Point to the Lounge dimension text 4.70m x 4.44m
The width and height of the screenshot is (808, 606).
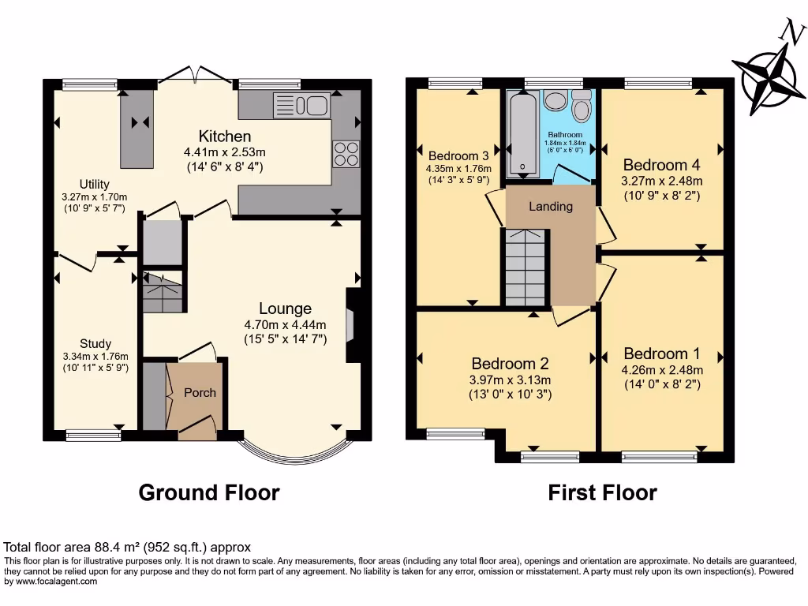pos(285,324)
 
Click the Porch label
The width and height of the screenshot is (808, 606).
pos(200,392)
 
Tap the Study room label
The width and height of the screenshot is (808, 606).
pos(95,344)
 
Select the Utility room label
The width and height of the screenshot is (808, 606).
pos(94,185)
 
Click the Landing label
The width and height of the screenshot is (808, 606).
pos(551,207)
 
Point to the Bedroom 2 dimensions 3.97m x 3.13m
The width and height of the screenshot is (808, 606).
pos(510,380)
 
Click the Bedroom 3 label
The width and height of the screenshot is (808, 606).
pos(458,155)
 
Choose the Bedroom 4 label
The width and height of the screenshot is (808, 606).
pos(660,165)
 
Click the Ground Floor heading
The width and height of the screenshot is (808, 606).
pos(209,493)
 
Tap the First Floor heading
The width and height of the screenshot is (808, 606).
pos(602,493)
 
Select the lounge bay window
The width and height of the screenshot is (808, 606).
pos(293,454)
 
